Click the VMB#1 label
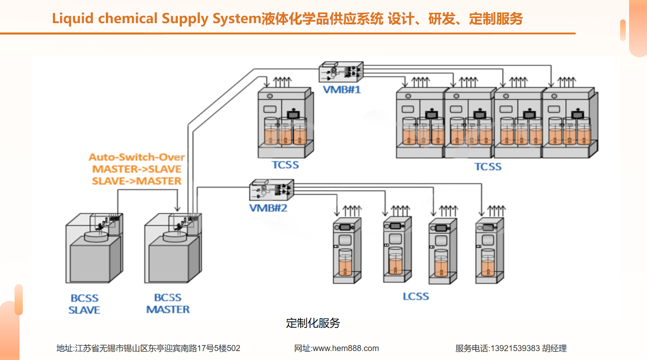tap(342, 90)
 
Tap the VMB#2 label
tap(268, 208)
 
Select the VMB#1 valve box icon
tap(341, 72)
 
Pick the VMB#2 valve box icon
tap(272, 190)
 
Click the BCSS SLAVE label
tap(84, 304)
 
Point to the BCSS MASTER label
tap(168, 303)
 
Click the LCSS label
tap(416, 297)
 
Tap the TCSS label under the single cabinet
tap(285, 165)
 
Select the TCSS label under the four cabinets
tap(488, 167)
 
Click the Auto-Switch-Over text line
tap(137, 157)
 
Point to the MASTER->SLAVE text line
tap(137, 169)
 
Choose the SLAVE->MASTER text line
tap(137, 181)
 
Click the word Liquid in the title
tap(72, 19)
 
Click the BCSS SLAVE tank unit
tap(94, 248)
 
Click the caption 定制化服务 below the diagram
tap(313, 323)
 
